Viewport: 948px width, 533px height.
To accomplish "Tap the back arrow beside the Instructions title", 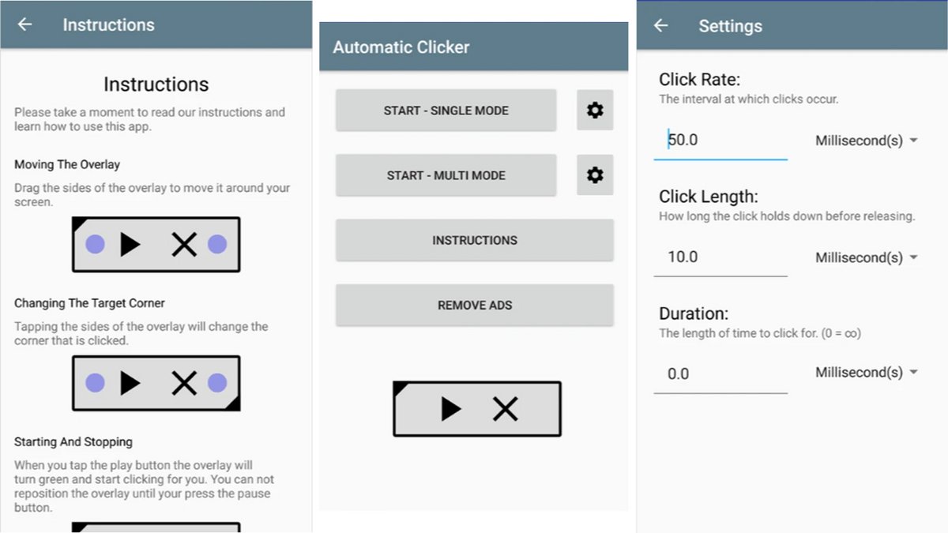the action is point(24,24).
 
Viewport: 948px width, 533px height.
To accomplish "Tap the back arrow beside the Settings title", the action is point(660,26).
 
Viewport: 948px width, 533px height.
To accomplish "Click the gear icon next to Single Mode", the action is point(595,110).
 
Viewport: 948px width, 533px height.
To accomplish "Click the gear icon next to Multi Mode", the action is point(595,175).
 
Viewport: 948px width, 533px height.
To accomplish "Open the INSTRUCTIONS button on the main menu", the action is point(475,240).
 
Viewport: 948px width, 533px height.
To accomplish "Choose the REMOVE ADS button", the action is point(475,305).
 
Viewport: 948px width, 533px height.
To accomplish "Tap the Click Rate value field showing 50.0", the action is point(720,140).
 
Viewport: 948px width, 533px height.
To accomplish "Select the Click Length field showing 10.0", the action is point(720,257).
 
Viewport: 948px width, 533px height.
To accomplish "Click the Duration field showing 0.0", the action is point(720,374).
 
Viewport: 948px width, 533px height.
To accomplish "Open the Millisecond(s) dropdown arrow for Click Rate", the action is point(914,140).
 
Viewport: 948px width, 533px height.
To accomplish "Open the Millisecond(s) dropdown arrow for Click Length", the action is point(914,257).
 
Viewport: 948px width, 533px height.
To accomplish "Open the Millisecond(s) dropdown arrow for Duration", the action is point(914,372).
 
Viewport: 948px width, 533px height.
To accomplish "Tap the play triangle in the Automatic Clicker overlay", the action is point(450,409).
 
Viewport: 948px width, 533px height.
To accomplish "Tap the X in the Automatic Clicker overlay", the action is point(505,409).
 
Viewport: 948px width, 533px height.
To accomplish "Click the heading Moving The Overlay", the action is point(67,164).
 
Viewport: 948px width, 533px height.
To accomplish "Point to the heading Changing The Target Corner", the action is point(89,303).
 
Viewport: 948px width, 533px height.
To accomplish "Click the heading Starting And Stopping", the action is point(73,442).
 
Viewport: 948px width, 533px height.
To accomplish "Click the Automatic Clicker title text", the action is point(401,47).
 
